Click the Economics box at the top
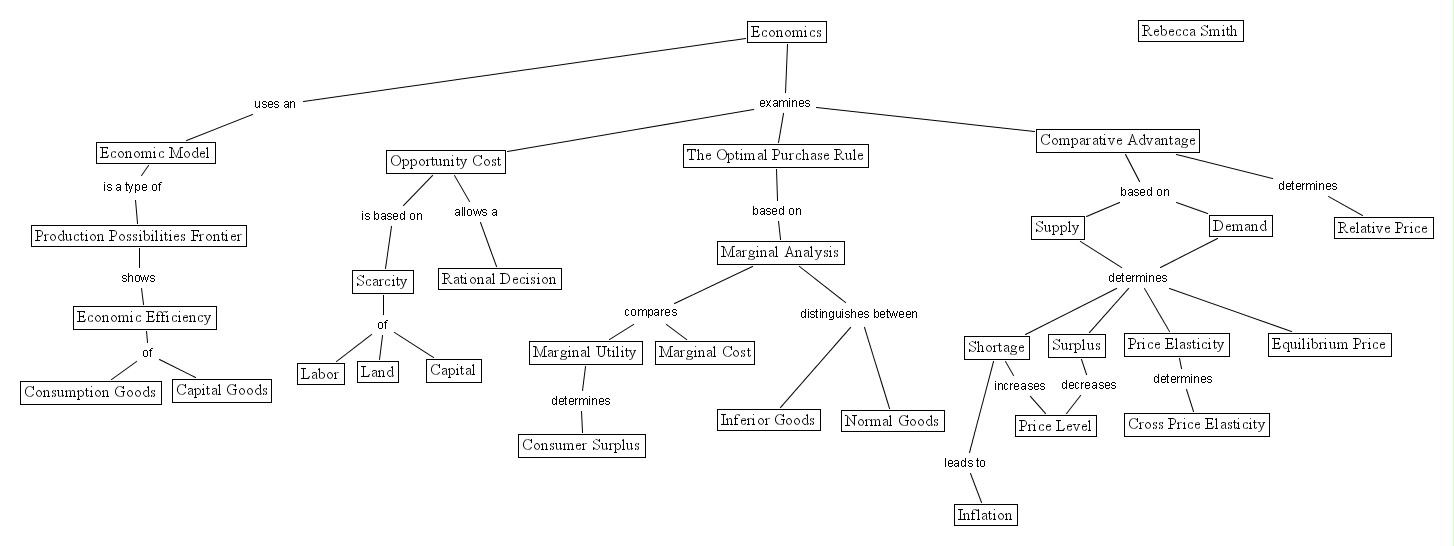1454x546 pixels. [x=786, y=32]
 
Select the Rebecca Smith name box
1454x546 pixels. [x=1190, y=31]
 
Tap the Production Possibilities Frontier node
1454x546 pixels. [x=139, y=236]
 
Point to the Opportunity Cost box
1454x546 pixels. [x=446, y=162]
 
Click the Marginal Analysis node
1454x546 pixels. [x=780, y=253]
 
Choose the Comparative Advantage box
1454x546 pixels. [x=1118, y=140]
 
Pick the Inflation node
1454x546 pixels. [x=985, y=515]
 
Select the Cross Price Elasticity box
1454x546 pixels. [x=1196, y=425]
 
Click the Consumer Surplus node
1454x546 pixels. [x=582, y=445]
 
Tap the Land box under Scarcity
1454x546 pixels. [x=378, y=372]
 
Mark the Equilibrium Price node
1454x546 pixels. [x=1329, y=344]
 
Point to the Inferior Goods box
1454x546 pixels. [x=769, y=420]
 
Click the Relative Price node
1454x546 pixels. [x=1383, y=228]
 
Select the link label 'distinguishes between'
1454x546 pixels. [x=859, y=314]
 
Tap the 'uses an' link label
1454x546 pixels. [x=275, y=104]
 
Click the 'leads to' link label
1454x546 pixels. [x=965, y=463]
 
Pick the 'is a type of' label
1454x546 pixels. [x=132, y=187]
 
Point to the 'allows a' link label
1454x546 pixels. [x=476, y=212]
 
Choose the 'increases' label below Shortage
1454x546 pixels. [x=1020, y=386]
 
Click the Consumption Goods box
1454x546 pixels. [x=90, y=392]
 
